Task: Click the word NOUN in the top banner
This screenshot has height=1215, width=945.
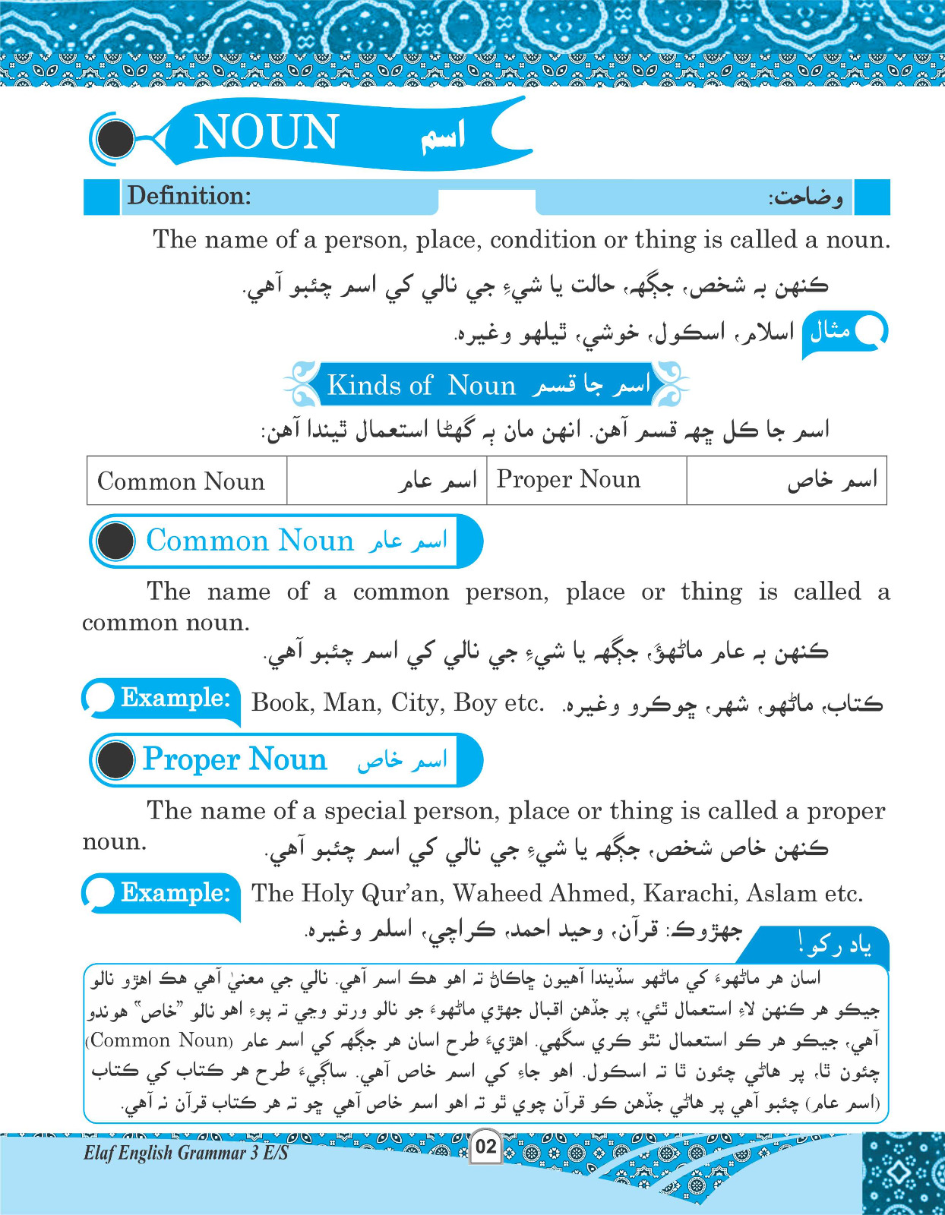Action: [x=266, y=133]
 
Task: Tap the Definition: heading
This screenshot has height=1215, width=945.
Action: [x=189, y=197]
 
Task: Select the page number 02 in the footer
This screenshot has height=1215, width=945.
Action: [x=485, y=1146]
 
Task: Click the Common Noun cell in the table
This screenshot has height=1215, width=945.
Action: [x=181, y=481]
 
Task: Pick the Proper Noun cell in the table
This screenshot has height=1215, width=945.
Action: [x=568, y=480]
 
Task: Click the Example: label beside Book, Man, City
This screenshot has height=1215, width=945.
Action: [x=175, y=698]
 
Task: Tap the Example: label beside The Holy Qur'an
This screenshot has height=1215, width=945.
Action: [x=175, y=892]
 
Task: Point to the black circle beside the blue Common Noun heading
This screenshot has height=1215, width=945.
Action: [x=116, y=541]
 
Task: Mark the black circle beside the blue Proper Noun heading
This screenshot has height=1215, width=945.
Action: [x=116, y=759]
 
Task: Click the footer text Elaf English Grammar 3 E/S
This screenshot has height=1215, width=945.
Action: [x=186, y=1153]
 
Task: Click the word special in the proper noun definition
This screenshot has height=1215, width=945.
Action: [x=357, y=811]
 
